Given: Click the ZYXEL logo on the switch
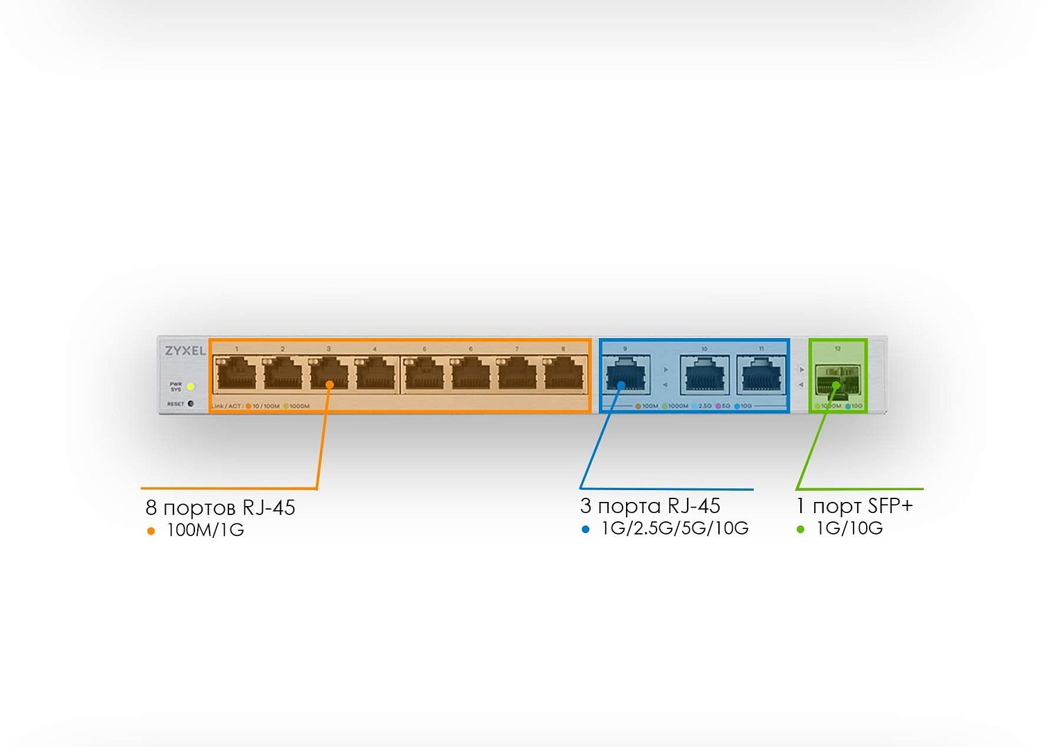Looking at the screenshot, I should (185, 351).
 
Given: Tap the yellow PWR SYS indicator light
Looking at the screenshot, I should (191, 387).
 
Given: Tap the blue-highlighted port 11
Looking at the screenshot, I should (761, 375).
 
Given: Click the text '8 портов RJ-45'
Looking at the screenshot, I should (220, 507).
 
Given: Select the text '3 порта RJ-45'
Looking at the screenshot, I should (650, 506).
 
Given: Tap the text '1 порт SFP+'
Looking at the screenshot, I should (854, 506).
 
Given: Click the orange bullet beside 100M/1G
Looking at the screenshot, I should (151, 531).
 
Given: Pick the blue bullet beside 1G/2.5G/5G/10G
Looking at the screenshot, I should (586, 529).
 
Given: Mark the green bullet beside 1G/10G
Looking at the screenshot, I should (801, 529).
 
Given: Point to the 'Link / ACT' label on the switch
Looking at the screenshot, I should (227, 406).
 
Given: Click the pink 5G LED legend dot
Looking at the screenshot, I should (718, 406).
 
